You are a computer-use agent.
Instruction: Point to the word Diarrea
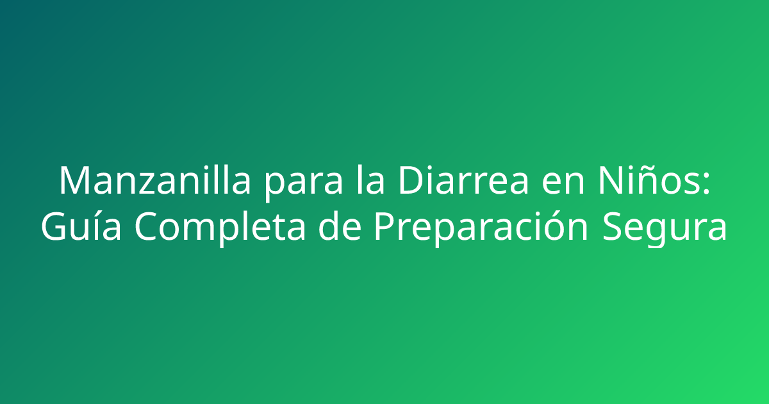(x=463, y=181)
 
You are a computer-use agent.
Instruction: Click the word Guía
(x=81, y=228)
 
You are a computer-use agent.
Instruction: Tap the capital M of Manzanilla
(x=73, y=181)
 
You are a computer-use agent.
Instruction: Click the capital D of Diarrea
(x=409, y=181)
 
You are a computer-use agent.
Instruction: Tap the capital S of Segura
(x=613, y=228)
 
